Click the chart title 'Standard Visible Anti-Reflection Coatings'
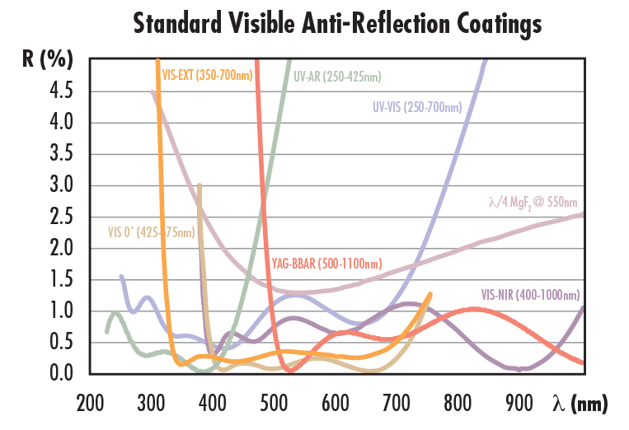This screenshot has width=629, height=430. tap(337, 23)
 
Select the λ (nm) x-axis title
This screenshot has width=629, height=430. tap(580, 404)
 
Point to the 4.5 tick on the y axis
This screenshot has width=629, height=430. tap(60, 91)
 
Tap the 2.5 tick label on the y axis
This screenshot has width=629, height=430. tap(60, 217)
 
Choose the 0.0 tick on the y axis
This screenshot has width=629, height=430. tap(60, 374)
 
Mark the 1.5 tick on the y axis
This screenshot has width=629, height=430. tap(60, 280)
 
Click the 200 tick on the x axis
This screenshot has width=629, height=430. tap(90, 404)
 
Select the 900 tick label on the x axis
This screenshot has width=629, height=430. tap(519, 404)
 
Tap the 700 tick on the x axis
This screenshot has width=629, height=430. tap(397, 404)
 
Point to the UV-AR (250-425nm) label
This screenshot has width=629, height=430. tap(337, 77)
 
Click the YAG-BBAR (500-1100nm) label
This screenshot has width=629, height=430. tap(325, 264)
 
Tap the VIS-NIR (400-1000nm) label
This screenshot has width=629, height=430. tap(530, 294)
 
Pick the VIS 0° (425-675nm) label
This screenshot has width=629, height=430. tap(152, 232)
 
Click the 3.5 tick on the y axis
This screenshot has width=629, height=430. tap(60, 155)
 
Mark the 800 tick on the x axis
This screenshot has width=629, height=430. tap(458, 404)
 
